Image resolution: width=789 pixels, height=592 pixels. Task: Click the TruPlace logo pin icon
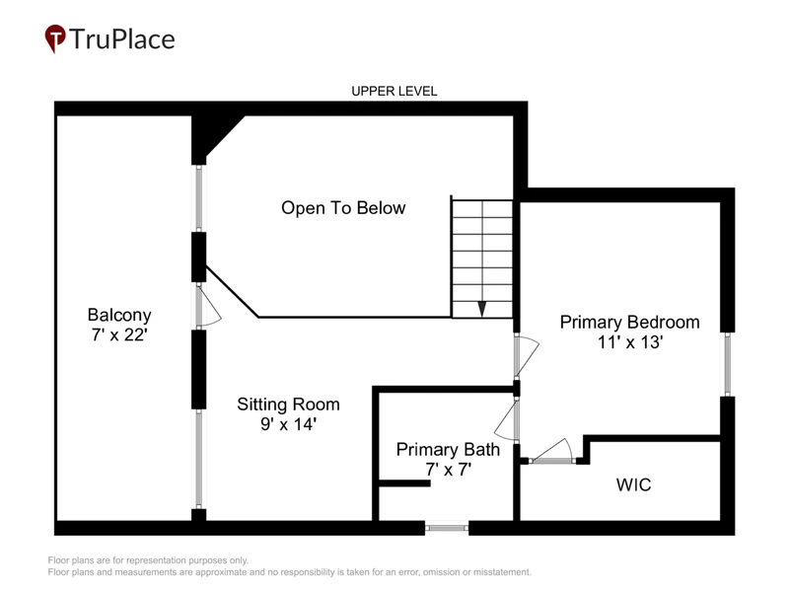click(x=55, y=37)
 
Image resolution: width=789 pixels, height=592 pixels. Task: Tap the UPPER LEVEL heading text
click(x=394, y=91)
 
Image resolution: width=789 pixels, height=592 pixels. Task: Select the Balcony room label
click(x=119, y=315)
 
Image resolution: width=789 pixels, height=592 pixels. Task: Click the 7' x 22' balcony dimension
click(x=119, y=334)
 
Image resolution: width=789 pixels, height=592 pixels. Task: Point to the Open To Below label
click(x=343, y=208)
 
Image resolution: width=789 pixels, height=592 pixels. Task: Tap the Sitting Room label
click(x=288, y=405)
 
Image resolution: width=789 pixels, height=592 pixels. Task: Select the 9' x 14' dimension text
click(x=288, y=424)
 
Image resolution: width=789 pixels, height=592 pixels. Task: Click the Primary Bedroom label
click(x=629, y=323)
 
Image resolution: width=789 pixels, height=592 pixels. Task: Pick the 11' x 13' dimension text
click(x=630, y=342)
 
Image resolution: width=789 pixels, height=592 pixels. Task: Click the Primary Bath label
click(x=448, y=450)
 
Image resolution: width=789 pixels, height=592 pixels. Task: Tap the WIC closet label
click(x=633, y=484)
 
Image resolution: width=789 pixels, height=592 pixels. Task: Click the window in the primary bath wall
click(x=447, y=528)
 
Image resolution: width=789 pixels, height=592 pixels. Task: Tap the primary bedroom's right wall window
click(x=728, y=364)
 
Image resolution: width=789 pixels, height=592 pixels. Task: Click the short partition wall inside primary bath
click(x=404, y=483)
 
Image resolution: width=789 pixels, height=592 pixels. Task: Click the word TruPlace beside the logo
click(x=122, y=39)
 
